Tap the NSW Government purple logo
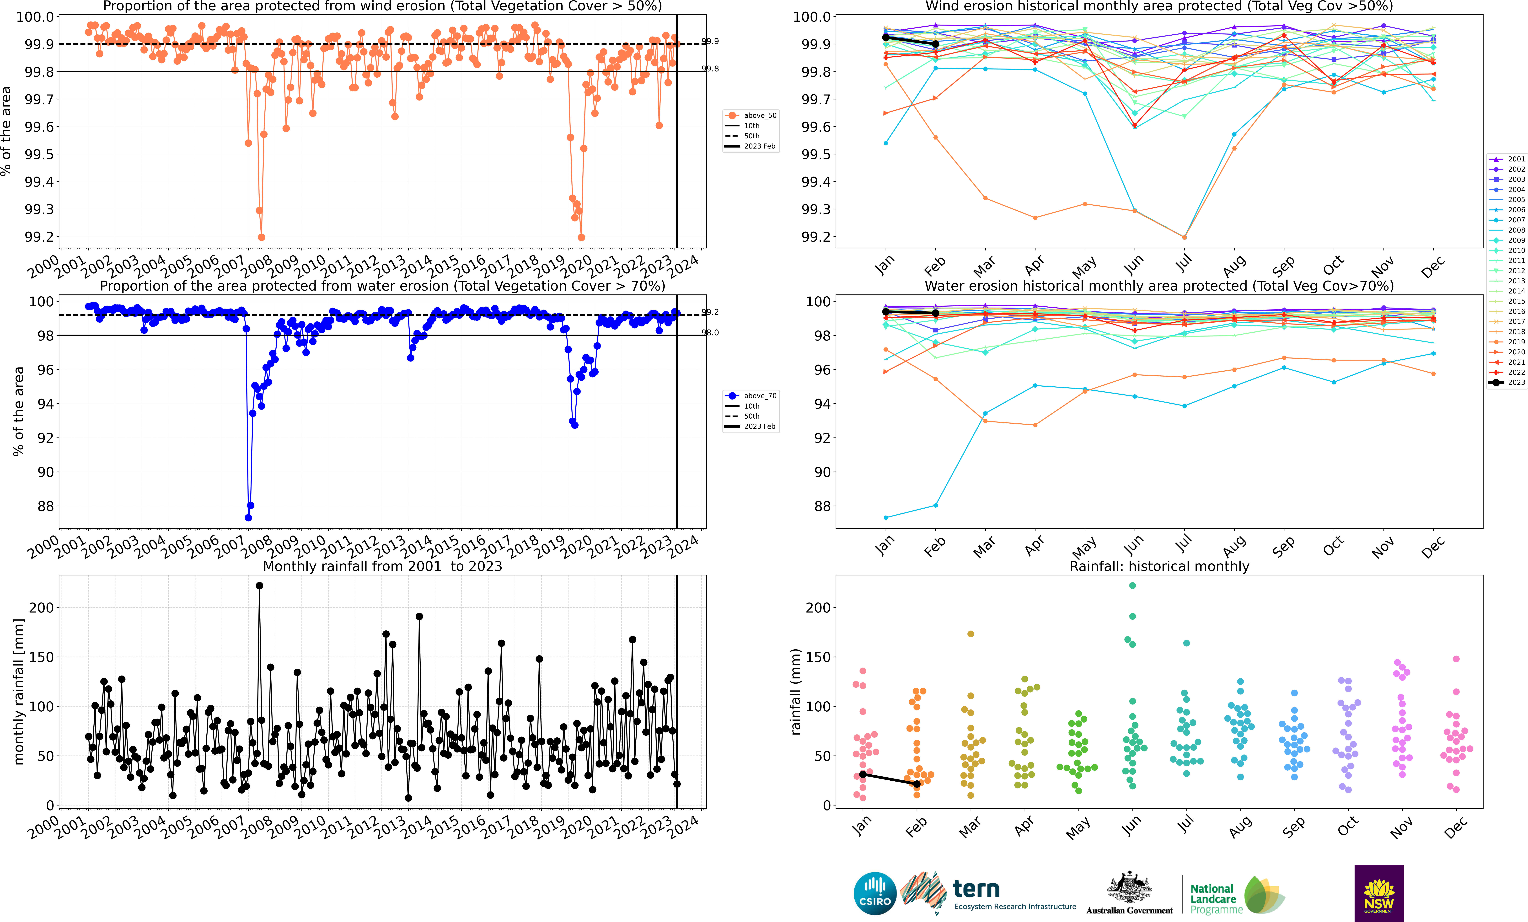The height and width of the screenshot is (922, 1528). tap(1378, 893)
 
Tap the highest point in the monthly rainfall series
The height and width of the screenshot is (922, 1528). tap(259, 585)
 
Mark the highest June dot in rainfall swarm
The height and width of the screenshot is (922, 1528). tap(1132, 585)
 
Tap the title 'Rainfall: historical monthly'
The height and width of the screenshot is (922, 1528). tap(1159, 566)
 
